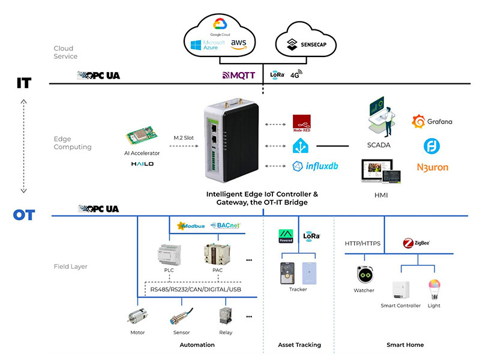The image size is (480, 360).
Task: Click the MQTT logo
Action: pos(239,76)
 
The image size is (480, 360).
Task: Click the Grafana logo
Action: pos(432,122)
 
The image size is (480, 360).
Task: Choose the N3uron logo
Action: pos(432,167)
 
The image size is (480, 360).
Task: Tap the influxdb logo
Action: pos(315,166)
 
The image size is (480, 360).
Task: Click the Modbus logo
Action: pos(191,226)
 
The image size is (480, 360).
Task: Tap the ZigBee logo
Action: pos(416,244)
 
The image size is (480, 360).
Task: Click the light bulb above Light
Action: pos(433,287)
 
